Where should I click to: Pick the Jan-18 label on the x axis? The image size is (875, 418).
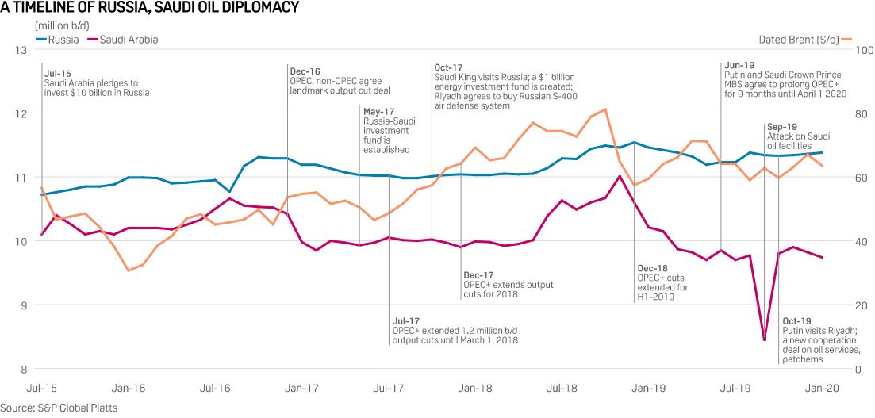(x=475, y=389)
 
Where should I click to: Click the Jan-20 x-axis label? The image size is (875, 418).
(x=822, y=389)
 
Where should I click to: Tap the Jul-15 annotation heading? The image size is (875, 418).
(x=58, y=72)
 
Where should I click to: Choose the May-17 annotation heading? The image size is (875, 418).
(x=379, y=111)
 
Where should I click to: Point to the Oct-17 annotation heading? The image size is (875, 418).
(x=447, y=67)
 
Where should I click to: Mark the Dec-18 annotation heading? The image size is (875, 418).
(x=652, y=268)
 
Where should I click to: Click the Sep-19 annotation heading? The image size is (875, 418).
(x=782, y=126)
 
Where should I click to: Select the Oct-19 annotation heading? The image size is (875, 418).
(x=796, y=320)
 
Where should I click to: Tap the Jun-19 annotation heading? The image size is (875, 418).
(x=739, y=65)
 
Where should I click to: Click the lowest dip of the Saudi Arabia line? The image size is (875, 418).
(x=764, y=340)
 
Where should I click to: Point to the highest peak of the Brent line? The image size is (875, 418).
(x=605, y=109)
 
